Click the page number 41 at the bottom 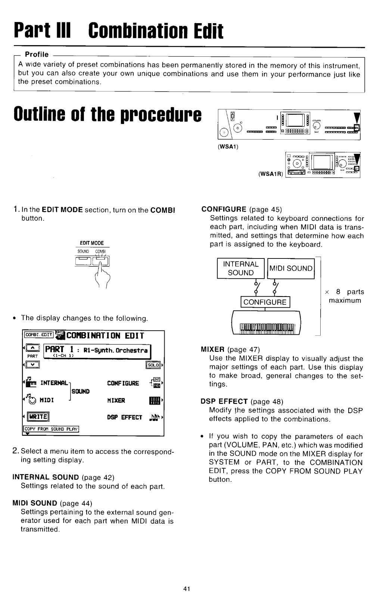(187, 589)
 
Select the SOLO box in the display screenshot (154, 365)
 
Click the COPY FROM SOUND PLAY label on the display (52, 429)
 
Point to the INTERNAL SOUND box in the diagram (240, 268)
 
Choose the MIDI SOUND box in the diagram (291, 268)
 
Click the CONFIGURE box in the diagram (265, 302)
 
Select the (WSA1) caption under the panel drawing (228, 146)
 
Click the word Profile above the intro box (37, 55)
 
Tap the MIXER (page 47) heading (230, 350)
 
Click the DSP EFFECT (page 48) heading (242, 402)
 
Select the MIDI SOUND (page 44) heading (52, 503)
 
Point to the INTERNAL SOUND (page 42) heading (63, 477)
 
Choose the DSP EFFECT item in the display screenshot (125, 417)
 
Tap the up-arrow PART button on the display (32, 348)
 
